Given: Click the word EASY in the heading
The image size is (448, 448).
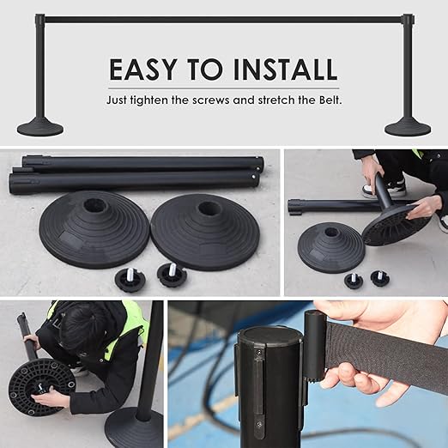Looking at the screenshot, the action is pyautogui.click(x=142, y=70).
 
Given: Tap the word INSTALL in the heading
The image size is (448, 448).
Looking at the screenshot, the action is pyautogui.click(x=285, y=70).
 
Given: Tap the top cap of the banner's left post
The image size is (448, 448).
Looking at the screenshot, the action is pyautogui.click(x=40, y=19).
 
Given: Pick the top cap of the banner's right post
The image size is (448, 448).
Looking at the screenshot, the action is pyautogui.click(x=408, y=19).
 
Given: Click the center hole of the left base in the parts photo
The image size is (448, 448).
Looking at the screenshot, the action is pyautogui.click(x=93, y=205).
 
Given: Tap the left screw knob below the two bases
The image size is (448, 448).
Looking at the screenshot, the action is pyautogui.click(x=130, y=282).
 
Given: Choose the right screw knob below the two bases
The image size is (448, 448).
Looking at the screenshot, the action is pyautogui.click(x=173, y=275).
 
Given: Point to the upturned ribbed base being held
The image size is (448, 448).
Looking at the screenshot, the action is pyautogui.click(x=397, y=226).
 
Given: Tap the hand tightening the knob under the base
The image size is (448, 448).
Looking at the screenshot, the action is pyautogui.click(x=47, y=399).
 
